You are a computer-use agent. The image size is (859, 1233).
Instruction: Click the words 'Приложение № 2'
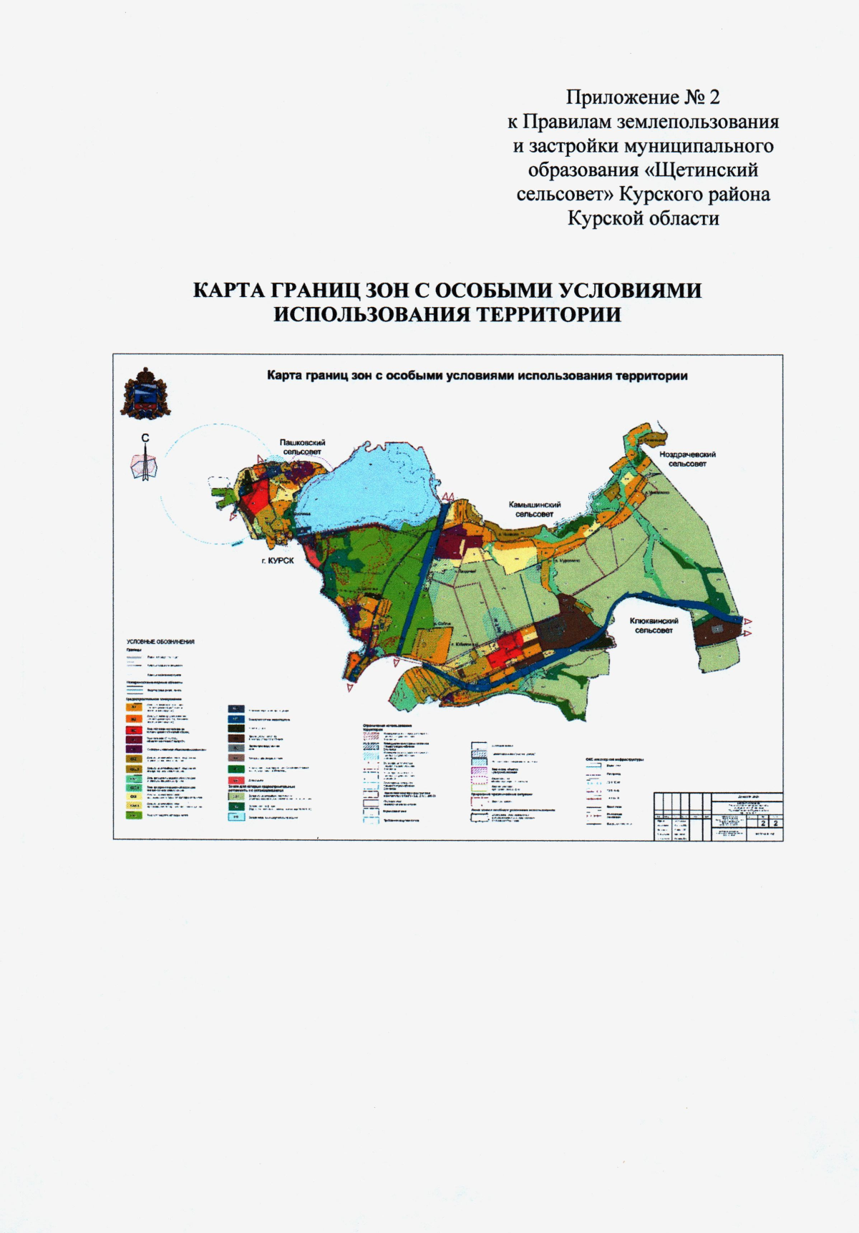click(643, 97)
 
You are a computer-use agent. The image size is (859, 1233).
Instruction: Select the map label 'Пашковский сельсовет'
click(302, 447)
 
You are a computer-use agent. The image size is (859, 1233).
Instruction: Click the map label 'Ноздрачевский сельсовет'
click(687, 459)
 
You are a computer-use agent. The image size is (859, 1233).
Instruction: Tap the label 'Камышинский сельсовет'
click(534, 509)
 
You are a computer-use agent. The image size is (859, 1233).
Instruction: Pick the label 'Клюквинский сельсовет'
click(654, 625)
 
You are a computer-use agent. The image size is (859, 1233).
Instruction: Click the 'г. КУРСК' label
click(277, 561)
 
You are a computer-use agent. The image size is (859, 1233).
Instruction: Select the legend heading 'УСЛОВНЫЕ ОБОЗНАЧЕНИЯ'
click(160, 642)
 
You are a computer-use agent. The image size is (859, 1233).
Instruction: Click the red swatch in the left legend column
click(132, 730)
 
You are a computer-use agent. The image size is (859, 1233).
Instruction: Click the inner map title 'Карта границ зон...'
click(477, 376)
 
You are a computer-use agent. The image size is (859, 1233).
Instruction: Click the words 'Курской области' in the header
click(643, 218)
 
